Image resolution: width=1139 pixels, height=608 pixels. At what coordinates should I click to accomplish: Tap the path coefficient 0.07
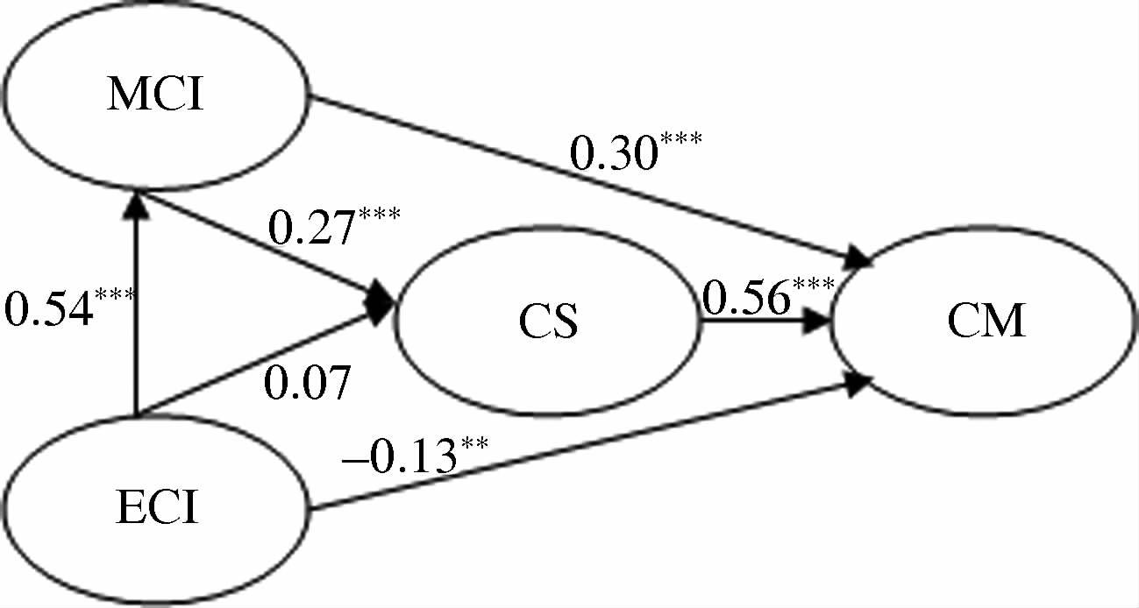[x=307, y=382]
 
